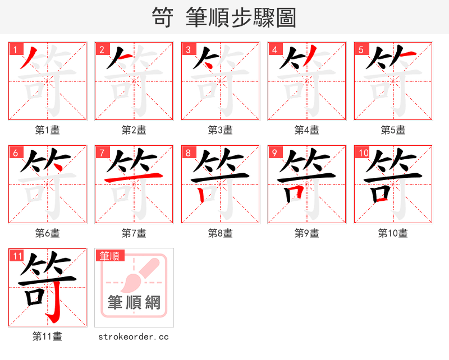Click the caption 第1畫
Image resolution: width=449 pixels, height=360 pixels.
click(x=47, y=130)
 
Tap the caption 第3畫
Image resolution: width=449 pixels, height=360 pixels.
click(x=220, y=130)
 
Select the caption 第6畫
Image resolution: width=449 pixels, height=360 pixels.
click(x=47, y=233)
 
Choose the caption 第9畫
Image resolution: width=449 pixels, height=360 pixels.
click(x=306, y=233)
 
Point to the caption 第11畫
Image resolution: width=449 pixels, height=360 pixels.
click(x=47, y=336)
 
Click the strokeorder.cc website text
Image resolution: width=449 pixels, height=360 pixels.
click(x=134, y=337)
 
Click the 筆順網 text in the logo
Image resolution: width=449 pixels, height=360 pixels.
click(x=134, y=303)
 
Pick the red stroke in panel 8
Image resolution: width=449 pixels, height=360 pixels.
click(x=201, y=192)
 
